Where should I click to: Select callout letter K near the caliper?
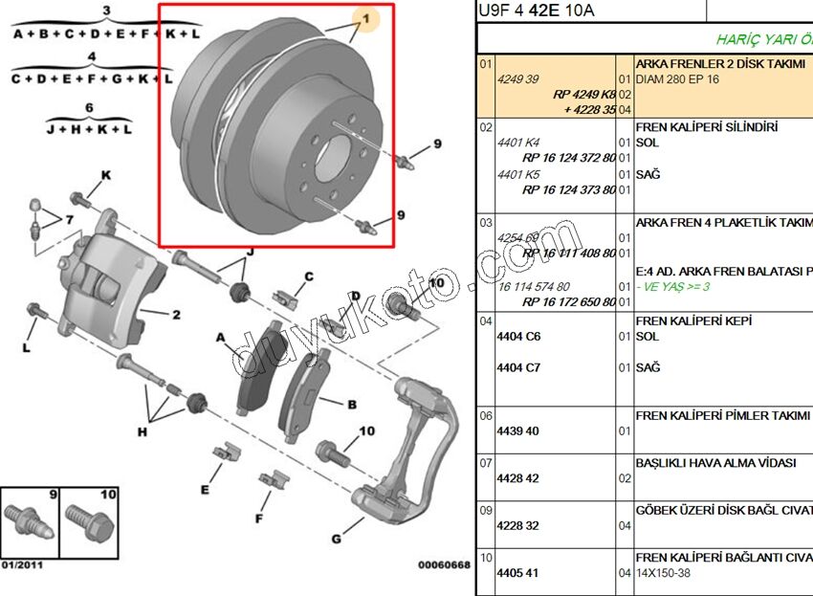pyautogui.click(x=106, y=175)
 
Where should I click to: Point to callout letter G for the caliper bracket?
pyautogui.click(x=337, y=539)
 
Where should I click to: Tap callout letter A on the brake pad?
pyautogui.click(x=221, y=337)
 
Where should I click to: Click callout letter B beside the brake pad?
pyautogui.click(x=351, y=405)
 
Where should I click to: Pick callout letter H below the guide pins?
pyautogui.click(x=143, y=431)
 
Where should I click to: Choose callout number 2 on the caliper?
pyautogui.click(x=176, y=314)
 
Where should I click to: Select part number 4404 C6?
pyautogui.click(x=518, y=337)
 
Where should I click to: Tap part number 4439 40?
pyautogui.click(x=518, y=430)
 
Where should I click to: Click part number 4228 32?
pyautogui.click(x=518, y=525)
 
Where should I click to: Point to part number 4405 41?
pyautogui.click(x=518, y=573)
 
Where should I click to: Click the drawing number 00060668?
pyautogui.click(x=444, y=564)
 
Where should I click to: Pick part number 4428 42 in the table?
pyautogui.click(x=518, y=477)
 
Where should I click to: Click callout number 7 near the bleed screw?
pyautogui.click(x=69, y=220)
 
